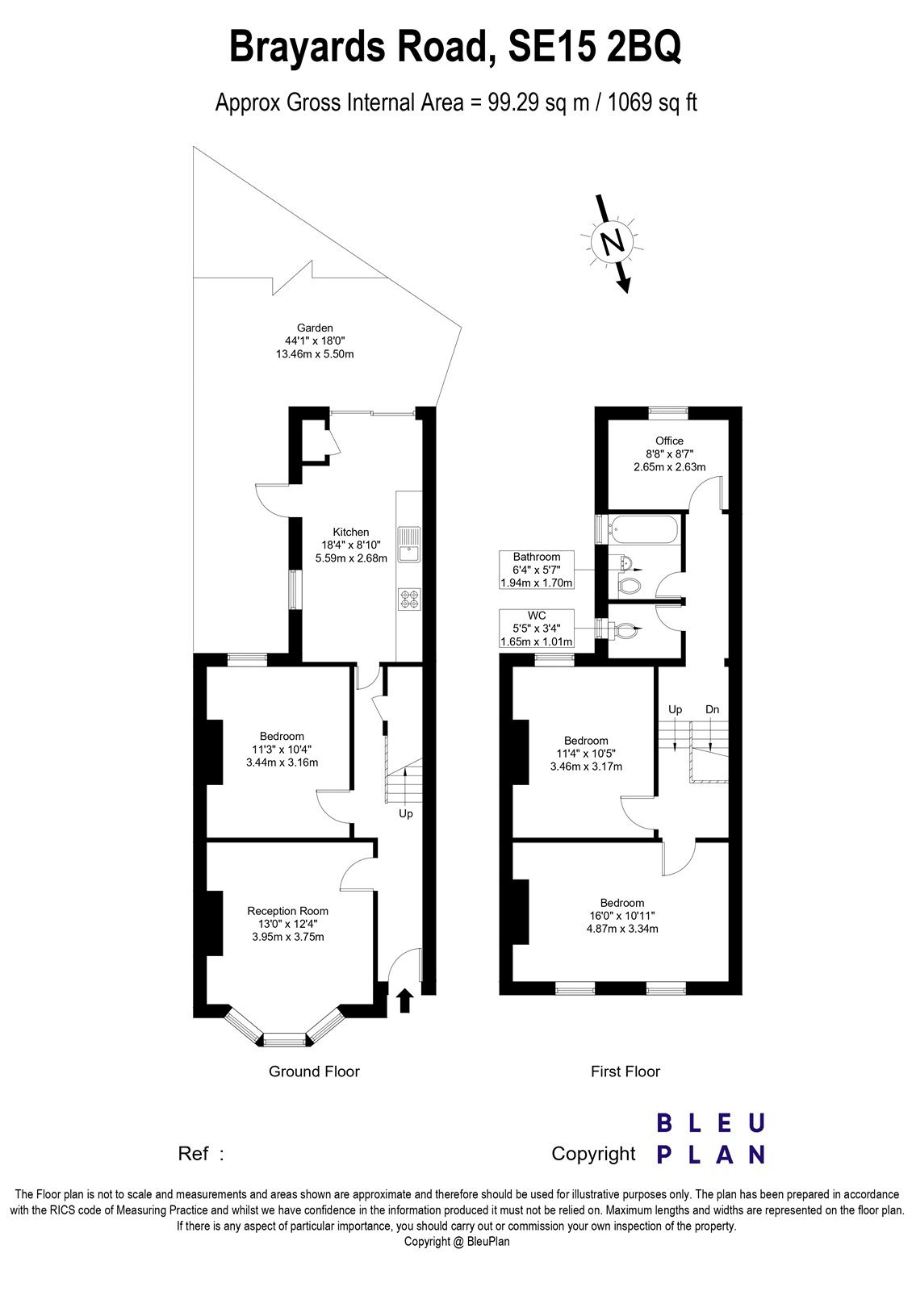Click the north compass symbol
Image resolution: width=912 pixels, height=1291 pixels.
click(x=613, y=243)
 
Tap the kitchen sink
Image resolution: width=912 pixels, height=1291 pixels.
click(x=408, y=544)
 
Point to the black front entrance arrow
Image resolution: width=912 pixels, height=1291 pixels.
click(x=405, y=1001)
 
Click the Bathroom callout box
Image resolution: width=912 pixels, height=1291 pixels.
click(x=537, y=570)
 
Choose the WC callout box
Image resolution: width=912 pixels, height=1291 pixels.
click(x=537, y=629)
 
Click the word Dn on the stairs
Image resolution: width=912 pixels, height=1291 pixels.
click(x=712, y=709)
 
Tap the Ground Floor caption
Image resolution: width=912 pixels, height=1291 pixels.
click(x=314, y=1072)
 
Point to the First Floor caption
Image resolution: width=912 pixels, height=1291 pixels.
click(x=625, y=1072)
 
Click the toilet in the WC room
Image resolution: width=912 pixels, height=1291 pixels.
click(x=625, y=629)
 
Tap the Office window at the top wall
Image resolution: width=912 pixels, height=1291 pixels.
click(x=669, y=412)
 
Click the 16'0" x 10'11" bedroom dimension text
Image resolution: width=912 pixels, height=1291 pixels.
click(x=622, y=916)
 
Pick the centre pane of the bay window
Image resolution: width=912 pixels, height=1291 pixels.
click(x=285, y=1040)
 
